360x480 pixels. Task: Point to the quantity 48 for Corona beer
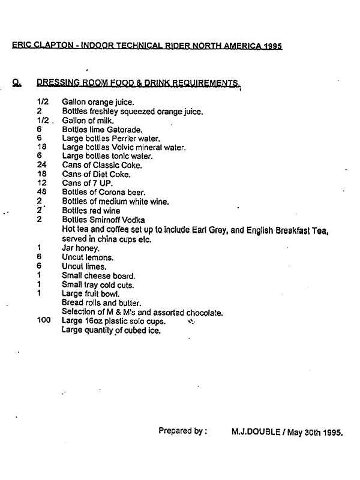(x=41, y=192)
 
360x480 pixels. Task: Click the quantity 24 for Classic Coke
(x=41, y=165)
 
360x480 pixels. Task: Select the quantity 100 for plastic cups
(x=44, y=321)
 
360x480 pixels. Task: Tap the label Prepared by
(x=183, y=431)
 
